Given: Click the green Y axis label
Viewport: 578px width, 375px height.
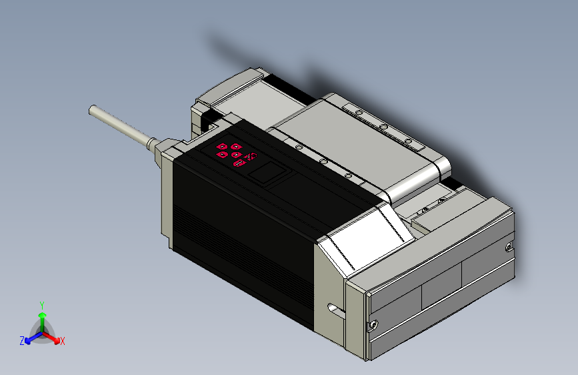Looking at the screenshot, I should click(x=41, y=304).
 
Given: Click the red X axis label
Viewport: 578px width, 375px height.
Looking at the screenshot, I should click(x=63, y=342).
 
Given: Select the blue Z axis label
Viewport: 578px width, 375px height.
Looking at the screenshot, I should click(x=22, y=341).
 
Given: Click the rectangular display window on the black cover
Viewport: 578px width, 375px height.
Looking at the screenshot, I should click(x=267, y=174).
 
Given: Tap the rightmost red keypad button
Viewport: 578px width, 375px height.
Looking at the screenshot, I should click(x=251, y=157).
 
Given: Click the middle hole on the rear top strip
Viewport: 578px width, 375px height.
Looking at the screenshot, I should click(x=383, y=126).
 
